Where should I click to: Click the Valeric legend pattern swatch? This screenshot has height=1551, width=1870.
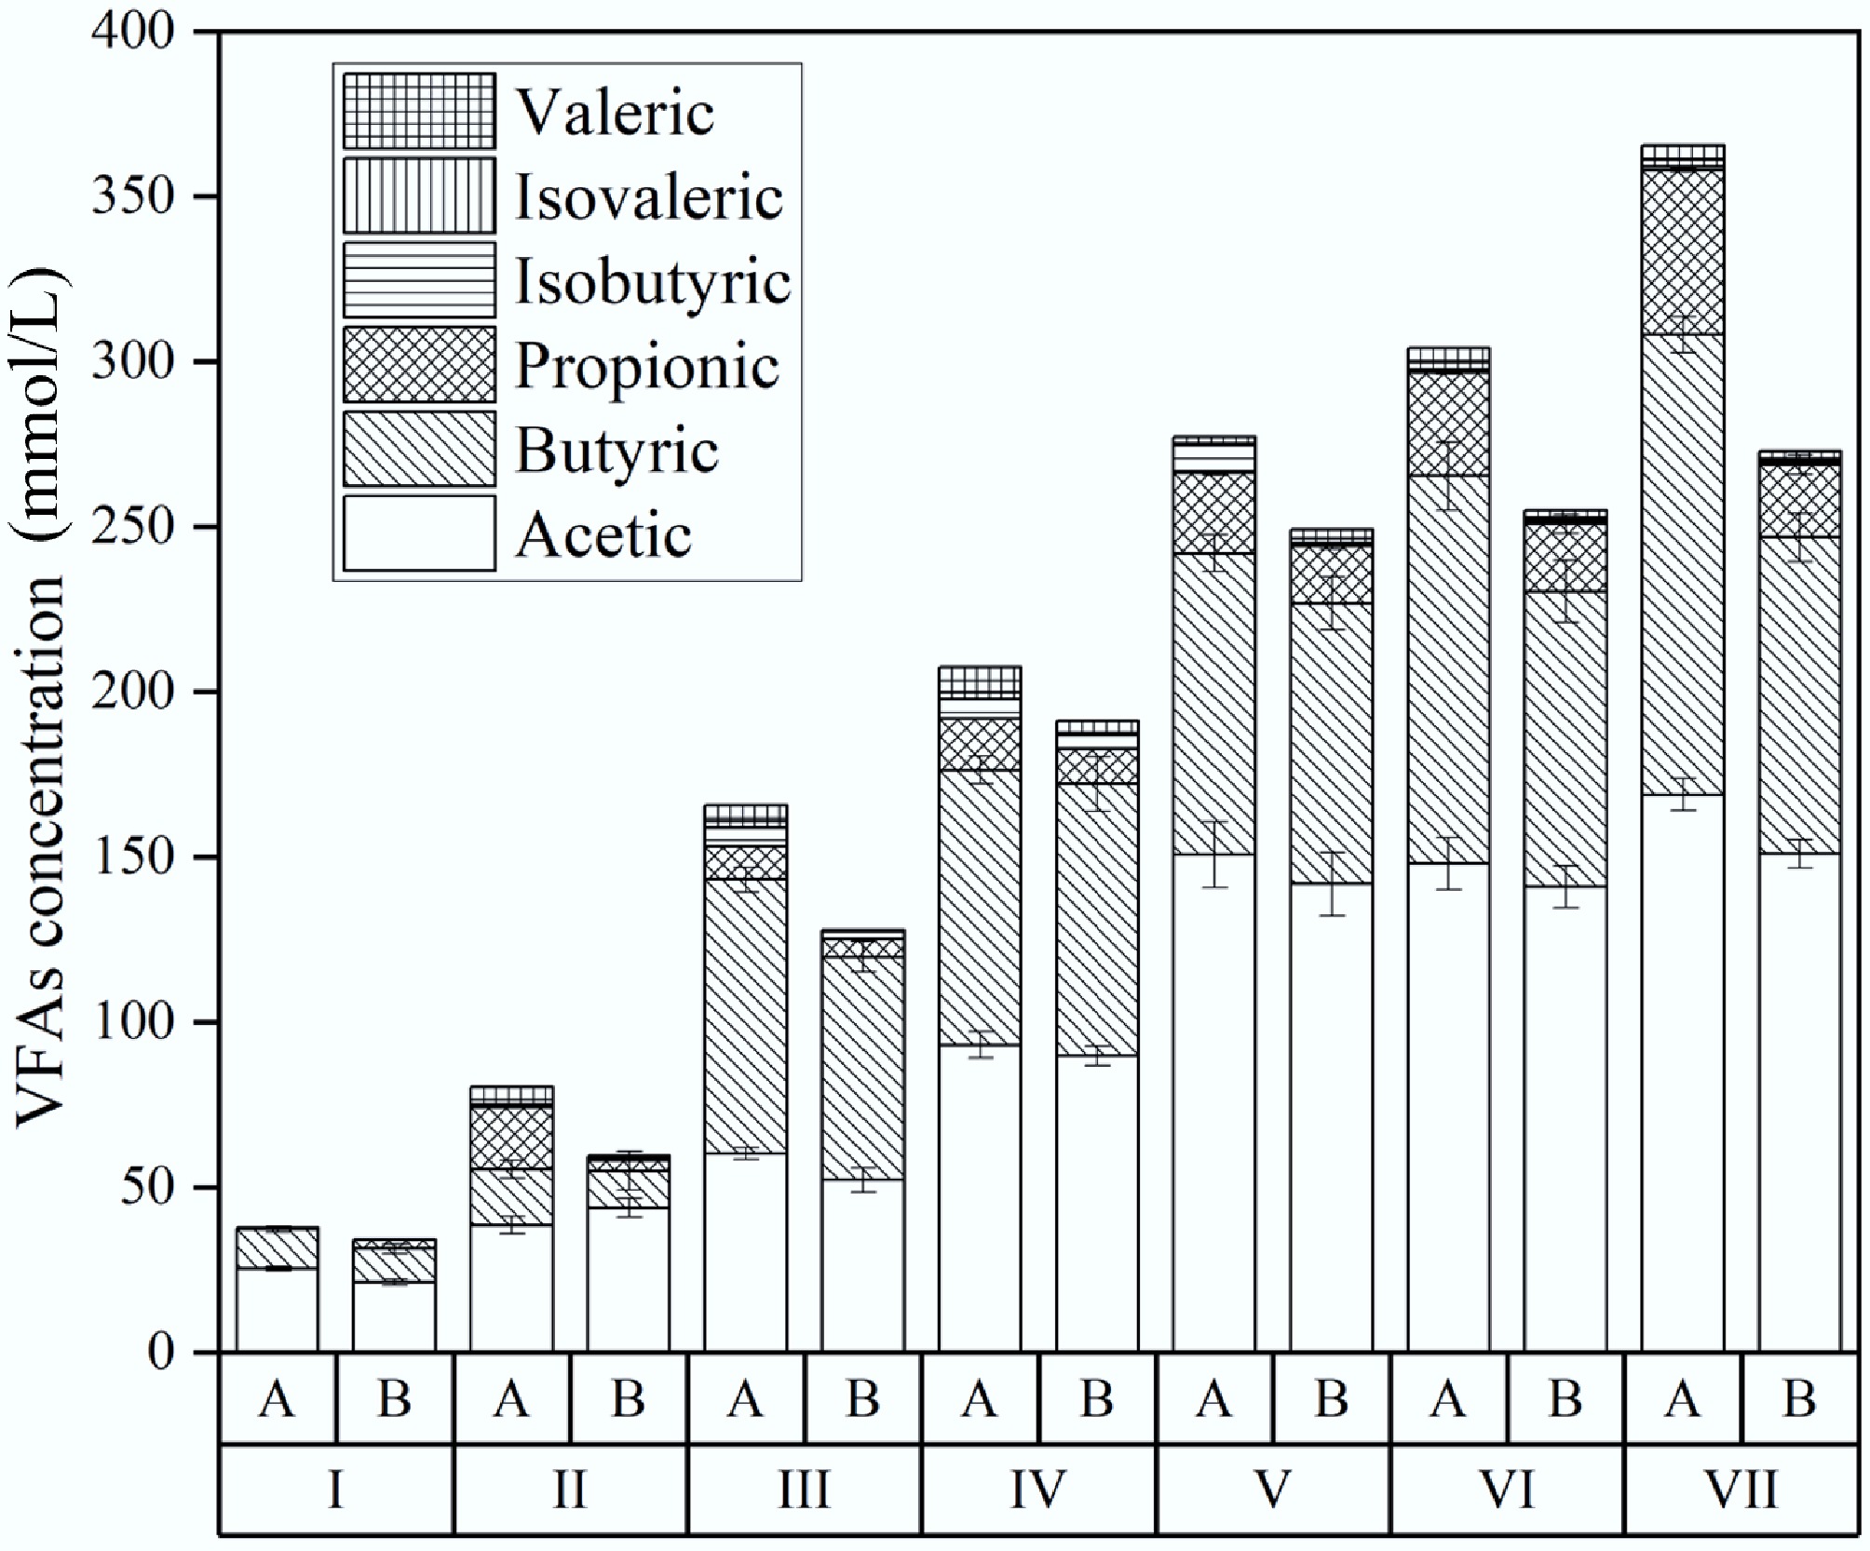419,112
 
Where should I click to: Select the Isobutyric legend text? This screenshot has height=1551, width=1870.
653,281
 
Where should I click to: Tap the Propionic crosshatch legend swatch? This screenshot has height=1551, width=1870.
419,365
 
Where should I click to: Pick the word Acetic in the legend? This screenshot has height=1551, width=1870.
603,535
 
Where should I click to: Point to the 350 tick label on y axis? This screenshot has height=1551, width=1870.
133,197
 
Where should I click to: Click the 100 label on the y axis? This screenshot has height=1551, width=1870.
133,1023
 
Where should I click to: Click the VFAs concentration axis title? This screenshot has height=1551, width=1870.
40,698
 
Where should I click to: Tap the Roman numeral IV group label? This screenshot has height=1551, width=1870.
1037,1490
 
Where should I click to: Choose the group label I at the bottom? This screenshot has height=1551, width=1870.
335,1490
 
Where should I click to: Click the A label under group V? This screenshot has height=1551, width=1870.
1213,1398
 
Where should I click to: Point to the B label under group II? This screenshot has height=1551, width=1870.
628,1398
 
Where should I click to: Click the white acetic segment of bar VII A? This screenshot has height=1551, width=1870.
1682,1071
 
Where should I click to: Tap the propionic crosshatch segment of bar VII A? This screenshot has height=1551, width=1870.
1682,251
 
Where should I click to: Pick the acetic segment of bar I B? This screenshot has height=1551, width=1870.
394,1317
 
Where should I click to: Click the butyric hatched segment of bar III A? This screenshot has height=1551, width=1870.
745,1015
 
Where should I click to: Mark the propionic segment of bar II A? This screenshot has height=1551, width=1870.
511,1138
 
